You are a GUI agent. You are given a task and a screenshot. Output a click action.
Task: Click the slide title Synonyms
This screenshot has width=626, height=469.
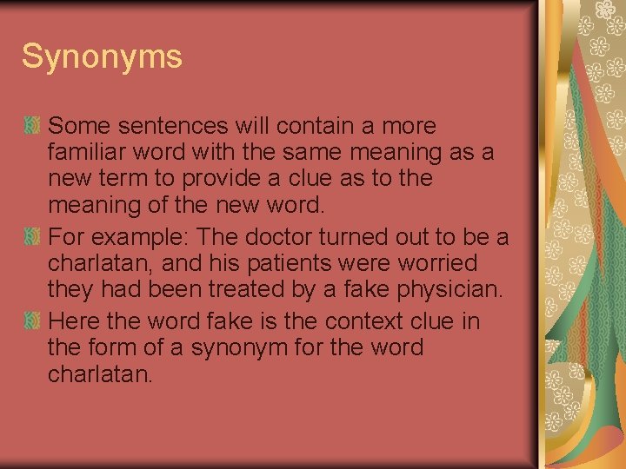coord(102,56)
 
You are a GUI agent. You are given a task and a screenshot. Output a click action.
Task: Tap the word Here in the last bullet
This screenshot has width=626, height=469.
coord(76,321)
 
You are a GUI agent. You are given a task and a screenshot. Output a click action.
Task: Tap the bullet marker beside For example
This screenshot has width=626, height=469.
coord(32,236)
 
